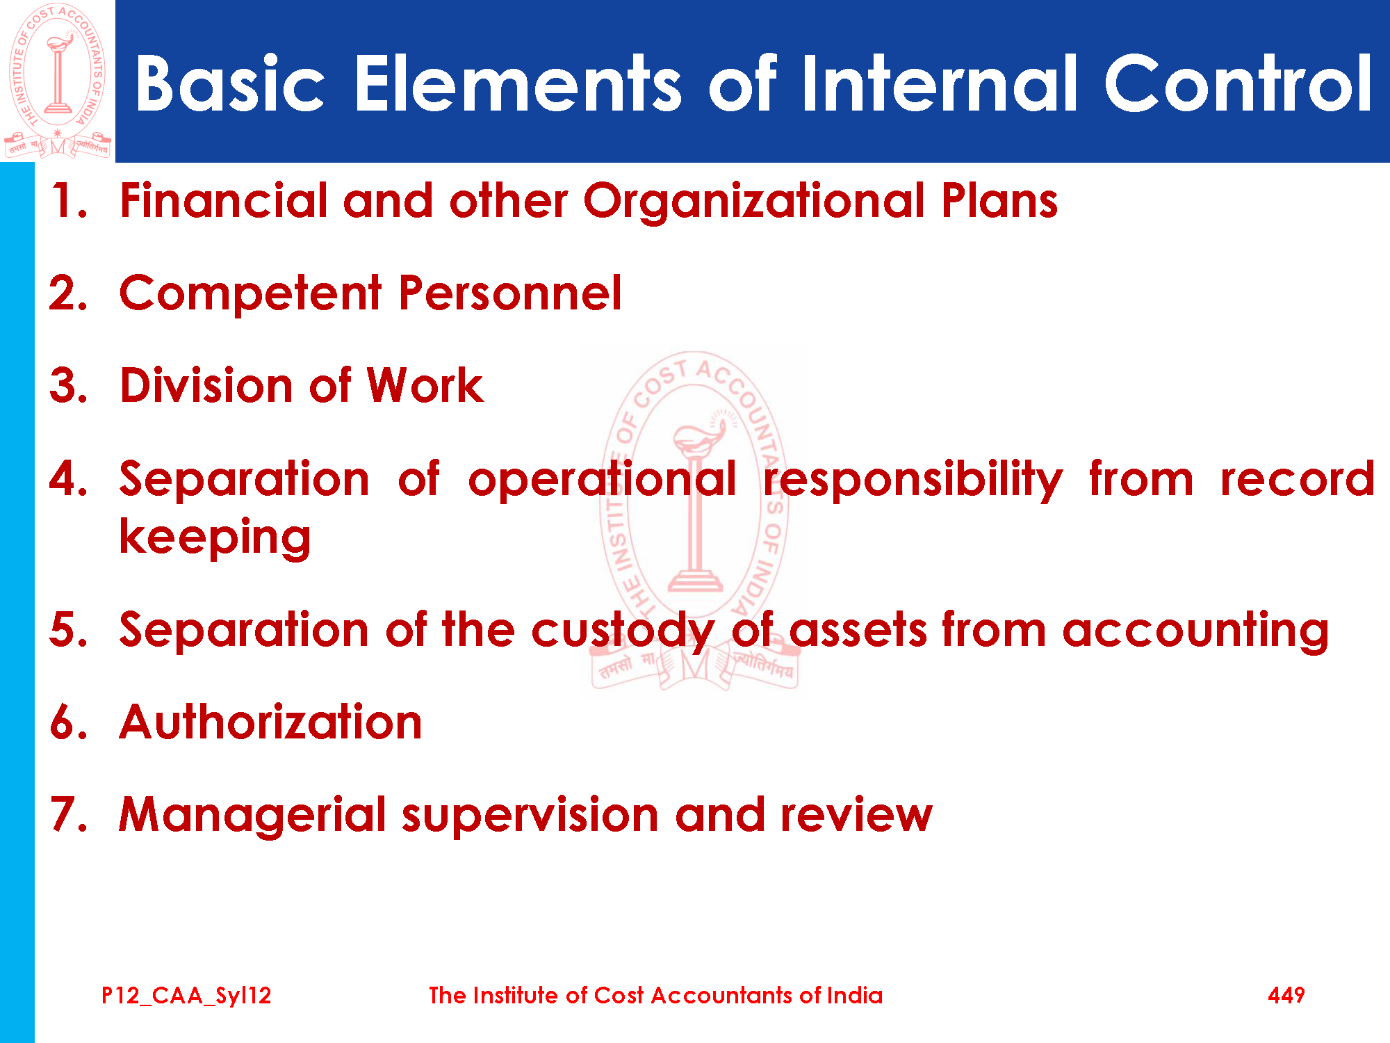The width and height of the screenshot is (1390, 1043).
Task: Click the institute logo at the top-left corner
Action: (57, 81)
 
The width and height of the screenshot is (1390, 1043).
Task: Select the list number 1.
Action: (69, 201)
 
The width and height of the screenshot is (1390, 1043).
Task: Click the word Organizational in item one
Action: (754, 202)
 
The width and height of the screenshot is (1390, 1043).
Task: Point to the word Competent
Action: (251, 293)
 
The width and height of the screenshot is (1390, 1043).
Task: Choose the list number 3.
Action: (69, 385)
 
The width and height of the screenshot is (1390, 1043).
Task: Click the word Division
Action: (206, 385)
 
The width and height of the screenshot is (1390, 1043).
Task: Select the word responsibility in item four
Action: (913, 479)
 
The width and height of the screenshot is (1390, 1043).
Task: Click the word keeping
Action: (215, 537)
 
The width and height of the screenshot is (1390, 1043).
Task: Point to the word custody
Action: (623, 631)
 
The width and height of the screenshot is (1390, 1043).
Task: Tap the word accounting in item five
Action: (1195, 631)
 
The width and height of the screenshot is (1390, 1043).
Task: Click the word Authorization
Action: (271, 722)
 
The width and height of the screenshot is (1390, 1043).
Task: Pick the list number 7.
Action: (69, 814)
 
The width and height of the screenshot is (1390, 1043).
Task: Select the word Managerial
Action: (252, 816)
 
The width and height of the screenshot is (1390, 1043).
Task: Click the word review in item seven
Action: (856, 814)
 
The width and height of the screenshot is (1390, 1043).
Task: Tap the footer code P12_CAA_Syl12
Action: (186, 996)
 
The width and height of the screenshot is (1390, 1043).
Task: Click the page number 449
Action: (1286, 996)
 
